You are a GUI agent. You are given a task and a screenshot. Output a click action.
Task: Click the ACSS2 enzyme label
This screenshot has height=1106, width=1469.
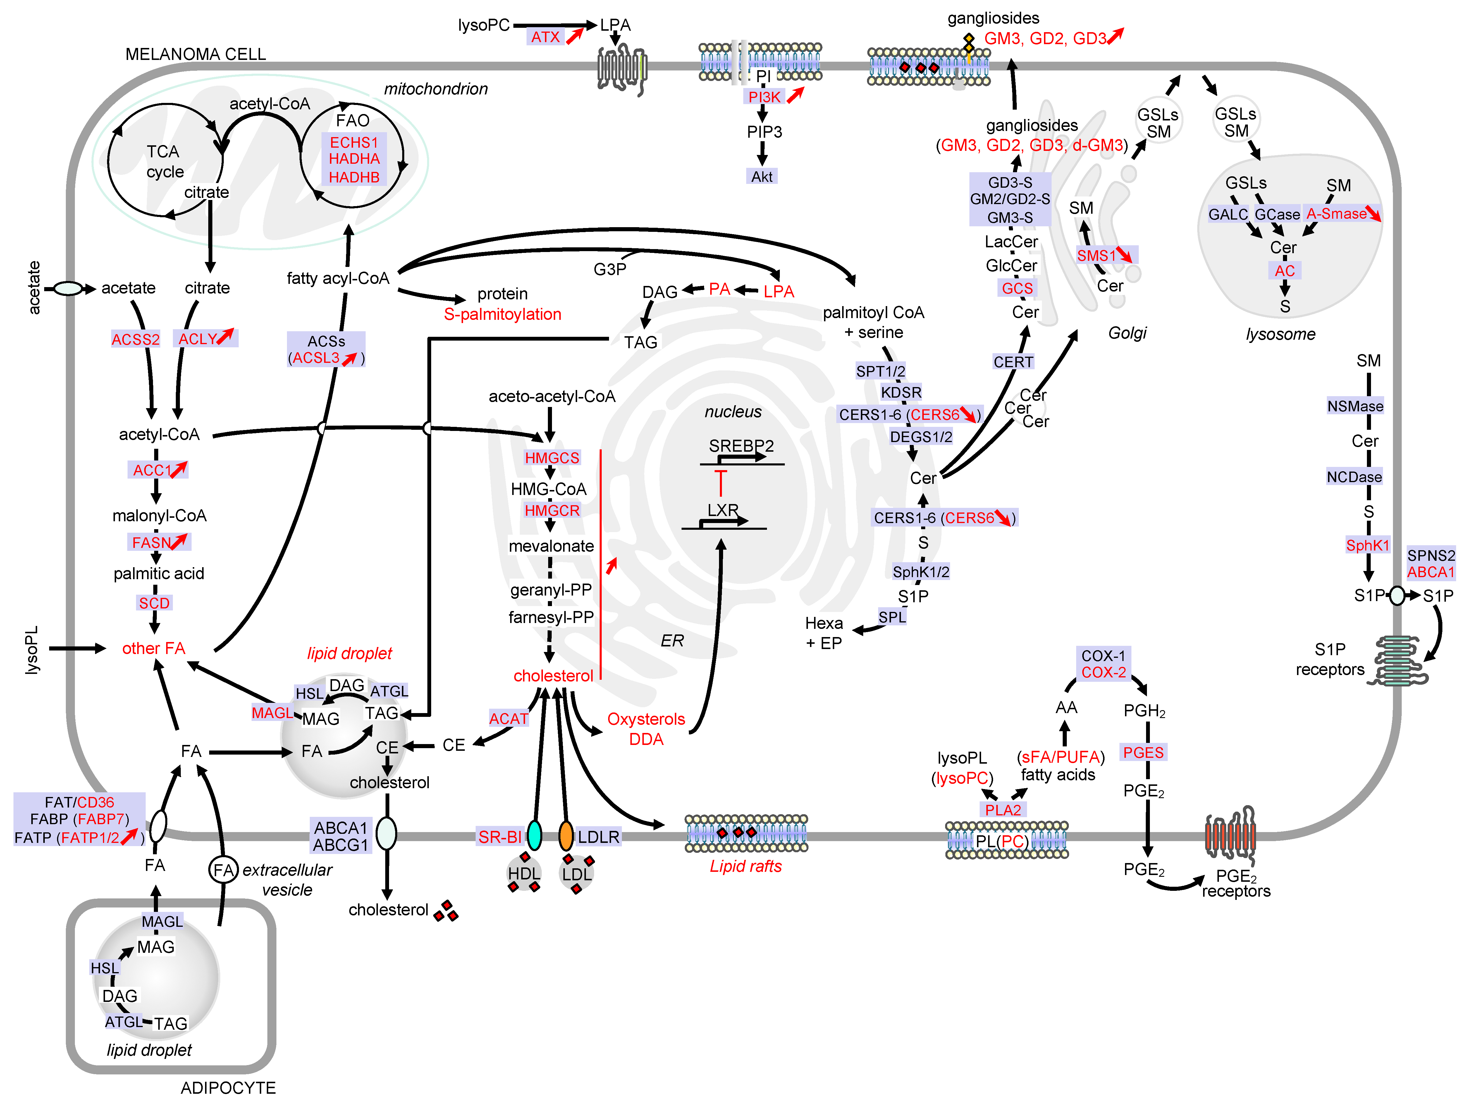coord(135,339)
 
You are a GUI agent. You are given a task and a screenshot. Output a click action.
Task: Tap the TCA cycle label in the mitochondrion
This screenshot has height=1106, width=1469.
coord(164,161)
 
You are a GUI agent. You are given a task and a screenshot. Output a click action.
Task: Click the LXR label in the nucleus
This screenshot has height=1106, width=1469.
coord(723,510)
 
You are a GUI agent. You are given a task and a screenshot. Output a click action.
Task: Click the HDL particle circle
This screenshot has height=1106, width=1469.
coord(524,874)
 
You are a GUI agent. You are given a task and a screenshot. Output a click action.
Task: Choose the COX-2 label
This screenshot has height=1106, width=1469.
coord(1103,672)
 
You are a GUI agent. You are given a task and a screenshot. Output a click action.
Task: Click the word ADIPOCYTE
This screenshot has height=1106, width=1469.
coord(228,1087)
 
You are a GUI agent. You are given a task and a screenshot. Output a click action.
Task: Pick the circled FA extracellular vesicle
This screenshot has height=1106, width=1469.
coord(223,870)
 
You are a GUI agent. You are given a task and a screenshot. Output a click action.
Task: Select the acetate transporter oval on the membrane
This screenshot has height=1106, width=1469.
coord(68,288)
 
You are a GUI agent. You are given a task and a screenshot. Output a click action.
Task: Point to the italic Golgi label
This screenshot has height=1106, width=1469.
coord(1127,333)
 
